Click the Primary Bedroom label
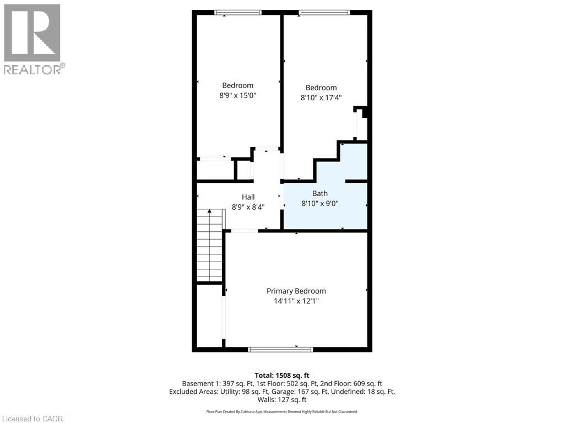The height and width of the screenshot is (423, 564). (x=296, y=291)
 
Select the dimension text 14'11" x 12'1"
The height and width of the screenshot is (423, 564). (x=296, y=301)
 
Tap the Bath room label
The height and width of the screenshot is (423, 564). (x=319, y=193)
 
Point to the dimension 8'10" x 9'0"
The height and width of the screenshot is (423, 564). (x=319, y=203)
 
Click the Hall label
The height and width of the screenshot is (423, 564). (x=248, y=197)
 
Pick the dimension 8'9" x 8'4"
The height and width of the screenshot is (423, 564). (x=248, y=208)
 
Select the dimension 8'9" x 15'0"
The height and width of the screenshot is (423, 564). (x=237, y=95)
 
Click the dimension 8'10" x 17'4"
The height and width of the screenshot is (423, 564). (x=321, y=98)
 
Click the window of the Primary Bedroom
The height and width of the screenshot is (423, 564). (x=280, y=349)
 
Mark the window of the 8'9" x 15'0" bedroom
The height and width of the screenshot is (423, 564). (x=237, y=12)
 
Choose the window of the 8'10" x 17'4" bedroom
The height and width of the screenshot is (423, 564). (x=324, y=12)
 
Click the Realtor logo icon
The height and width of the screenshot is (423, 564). (x=32, y=32)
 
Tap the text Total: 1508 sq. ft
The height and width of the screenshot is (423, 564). (x=282, y=375)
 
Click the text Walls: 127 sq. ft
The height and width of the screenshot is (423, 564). (x=282, y=400)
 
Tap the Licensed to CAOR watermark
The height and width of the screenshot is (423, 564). (x=32, y=419)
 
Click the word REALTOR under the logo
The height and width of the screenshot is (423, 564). (x=33, y=69)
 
